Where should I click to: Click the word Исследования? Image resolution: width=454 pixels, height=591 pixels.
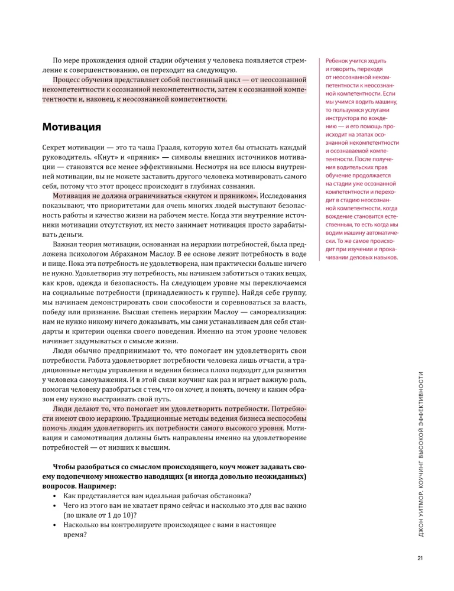[280, 196]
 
